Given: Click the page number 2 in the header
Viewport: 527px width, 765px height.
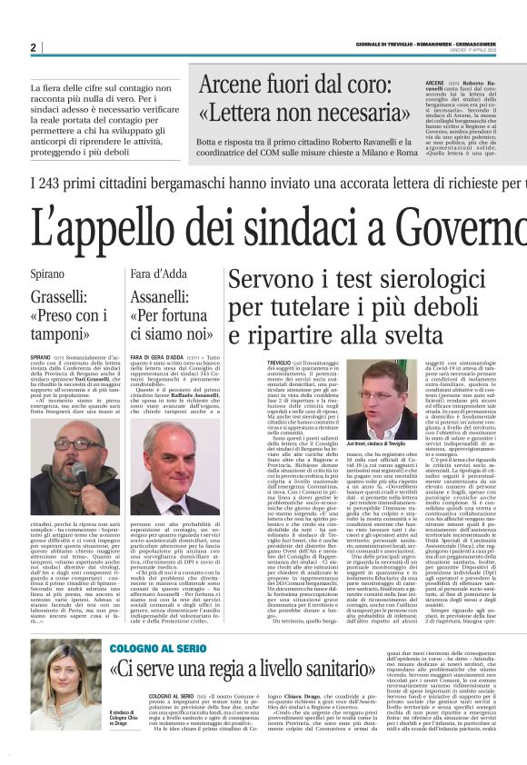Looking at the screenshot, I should [33, 47].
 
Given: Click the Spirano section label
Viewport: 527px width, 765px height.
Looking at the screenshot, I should [47, 273].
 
